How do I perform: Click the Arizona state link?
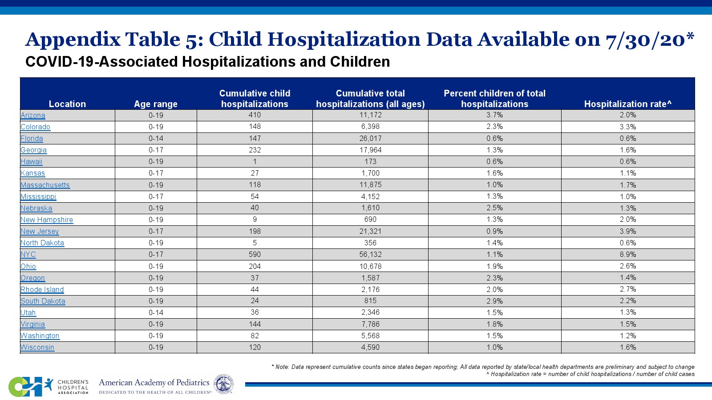[x=33, y=116]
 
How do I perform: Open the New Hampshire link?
[x=47, y=220]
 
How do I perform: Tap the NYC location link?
[x=28, y=255]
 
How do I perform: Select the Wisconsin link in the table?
[x=37, y=348]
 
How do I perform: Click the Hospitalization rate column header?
[x=627, y=104]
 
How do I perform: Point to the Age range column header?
[x=156, y=104]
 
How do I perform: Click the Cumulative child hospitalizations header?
[x=255, y=99]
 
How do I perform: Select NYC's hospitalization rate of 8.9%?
[x=627, y=255]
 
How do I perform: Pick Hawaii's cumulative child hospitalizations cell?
[x=255, y=162]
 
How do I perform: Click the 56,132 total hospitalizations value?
[x=370, y=255]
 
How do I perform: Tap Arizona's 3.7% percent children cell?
[x=494, y=115]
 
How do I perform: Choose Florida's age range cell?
[x=156, y=139]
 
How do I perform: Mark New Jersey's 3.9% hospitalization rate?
[x=627, y=232]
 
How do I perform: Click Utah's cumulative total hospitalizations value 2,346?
[x=370, y=312]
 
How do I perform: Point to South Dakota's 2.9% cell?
[x=494, y=301]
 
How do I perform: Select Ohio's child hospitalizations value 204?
[x=255, y=266]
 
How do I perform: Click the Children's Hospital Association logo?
[x=49, y=387]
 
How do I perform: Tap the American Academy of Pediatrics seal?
[x=223, y=384]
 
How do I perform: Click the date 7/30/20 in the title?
[x=645, y=40]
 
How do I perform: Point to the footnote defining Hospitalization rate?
[x=590, y=374]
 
